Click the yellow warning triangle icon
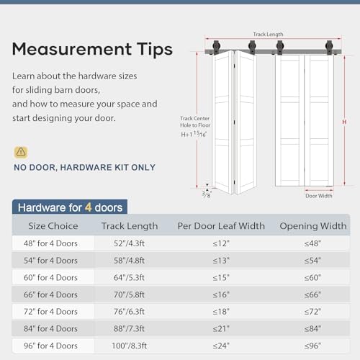(x=21, y=152)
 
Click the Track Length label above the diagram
(x=268, y=34)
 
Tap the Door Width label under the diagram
(x=318, y=196)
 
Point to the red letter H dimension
(x=343, y=122)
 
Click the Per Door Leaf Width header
(x=221, y=226)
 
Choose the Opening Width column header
(x=313, y=226)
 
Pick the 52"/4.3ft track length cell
(x=130, y=243)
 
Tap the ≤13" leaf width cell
(x=221, y=260)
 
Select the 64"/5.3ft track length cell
(x=130, y=277)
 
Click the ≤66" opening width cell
(x=313, y=294)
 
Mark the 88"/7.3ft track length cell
(x=130, y=328)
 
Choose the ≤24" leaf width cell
(x=221, y=345)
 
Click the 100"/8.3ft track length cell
(x=130, y=345)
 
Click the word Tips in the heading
(x=148, y=50)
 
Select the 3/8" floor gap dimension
(x=207, y=193)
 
